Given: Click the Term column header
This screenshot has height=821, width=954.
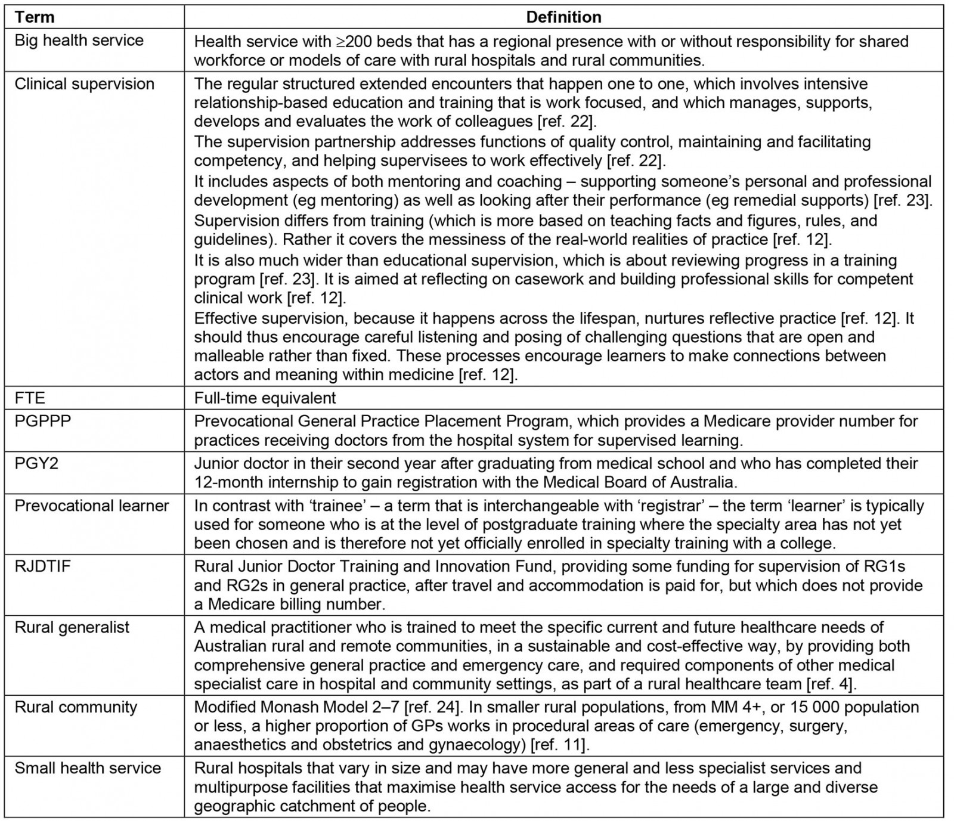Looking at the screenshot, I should tap(34, 17).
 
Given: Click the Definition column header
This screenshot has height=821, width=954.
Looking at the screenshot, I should tap(563, 17).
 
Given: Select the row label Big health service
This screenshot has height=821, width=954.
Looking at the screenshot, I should tap(79, 41).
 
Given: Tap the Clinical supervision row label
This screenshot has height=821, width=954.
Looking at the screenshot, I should tap(84, 84).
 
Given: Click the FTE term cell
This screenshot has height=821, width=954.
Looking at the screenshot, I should tap(30, 398).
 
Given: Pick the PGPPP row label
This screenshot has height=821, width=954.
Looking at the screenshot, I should tap(42, 421).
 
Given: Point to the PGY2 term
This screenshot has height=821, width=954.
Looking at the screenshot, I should tap(36, 463).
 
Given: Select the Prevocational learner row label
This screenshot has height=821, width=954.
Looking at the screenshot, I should tap(92, 506).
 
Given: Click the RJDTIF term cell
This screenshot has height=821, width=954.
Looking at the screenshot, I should tap(42, 566).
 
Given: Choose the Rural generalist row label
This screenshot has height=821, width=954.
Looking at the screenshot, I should tap(72, 627).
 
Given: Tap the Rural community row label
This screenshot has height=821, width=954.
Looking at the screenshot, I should tap(76, 707).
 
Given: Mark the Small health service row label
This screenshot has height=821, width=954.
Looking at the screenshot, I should tap(88, 768).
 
